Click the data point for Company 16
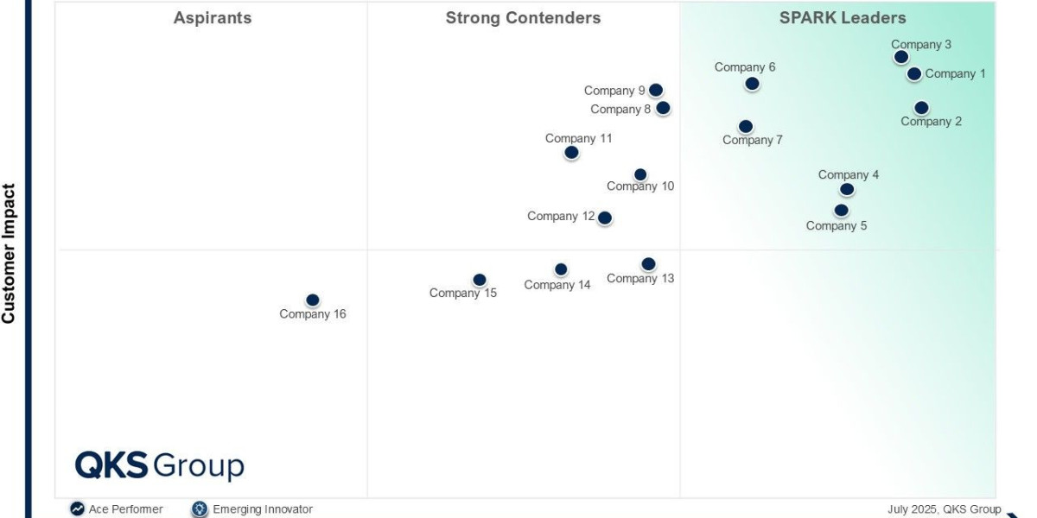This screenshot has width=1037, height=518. pyautogui.click(x=313, y=300)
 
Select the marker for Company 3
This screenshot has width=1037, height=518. pyautogui.click(x=901, y=57)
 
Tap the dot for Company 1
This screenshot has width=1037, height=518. pyautogui.click(x=914, y=74)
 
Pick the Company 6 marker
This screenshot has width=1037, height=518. pyautogui.click(x=752, y=84)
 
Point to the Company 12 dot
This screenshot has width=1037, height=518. pyautogui.click(x=605, y=218)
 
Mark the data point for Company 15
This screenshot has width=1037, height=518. pyautogui.click(x=480, y=280)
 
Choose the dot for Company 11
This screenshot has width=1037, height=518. pyautogui.click(x=571, y=153)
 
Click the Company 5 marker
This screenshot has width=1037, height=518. pyautogui.click(x=842, y=210)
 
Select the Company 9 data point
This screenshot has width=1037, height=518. pyautogui.click(x=656, y=90)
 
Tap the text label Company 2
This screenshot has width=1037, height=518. pyautogui.click(x=931, y=122)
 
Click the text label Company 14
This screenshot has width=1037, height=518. pyautogui.click(x=557, y=285)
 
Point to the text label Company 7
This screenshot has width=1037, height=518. pyautogui.click(x=753, y=140)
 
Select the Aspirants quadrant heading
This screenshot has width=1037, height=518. pyautogui.click(x=213, y=18)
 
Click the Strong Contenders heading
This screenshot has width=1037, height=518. pyautogui.click(x=523, y=18)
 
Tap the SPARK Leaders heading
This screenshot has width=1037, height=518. pyautogui.click(x=843, y=18)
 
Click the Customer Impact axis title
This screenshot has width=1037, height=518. pyautogui.click(x=10, y=254)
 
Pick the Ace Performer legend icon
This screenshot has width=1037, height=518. pyautogui.click(x=78, y=509)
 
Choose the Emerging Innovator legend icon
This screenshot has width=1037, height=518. pyautogui.click(x=200, y=509)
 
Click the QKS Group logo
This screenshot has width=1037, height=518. pyautogui.click(x=160, y=465)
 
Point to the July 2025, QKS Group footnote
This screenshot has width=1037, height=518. pyautogui.click(x=944, y=509)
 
